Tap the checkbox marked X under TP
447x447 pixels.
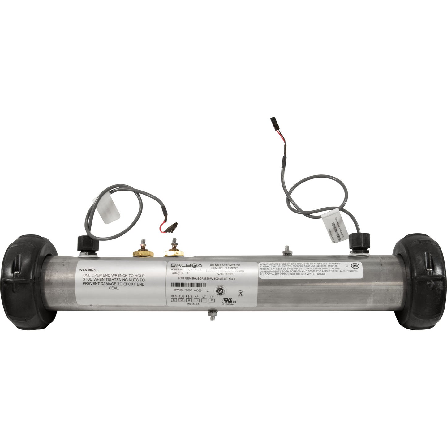[212, 300]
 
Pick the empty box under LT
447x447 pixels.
[204, 300]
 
